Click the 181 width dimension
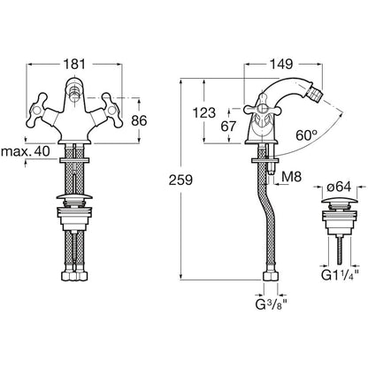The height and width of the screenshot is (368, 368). coord(74,64)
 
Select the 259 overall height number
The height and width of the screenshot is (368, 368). coord(180,180)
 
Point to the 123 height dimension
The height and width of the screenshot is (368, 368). coord(204,112)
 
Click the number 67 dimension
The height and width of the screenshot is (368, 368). coord(228,126)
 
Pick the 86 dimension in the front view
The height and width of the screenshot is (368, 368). coord(139,120)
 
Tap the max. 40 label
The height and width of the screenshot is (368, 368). coord(26,151)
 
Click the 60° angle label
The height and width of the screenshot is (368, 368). coord(307,135)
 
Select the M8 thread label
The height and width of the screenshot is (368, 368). coord(292,177)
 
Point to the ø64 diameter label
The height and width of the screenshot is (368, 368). coord(339,187)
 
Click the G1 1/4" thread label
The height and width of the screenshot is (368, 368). coord(340,275)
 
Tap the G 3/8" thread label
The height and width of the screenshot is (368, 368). coord(272,304)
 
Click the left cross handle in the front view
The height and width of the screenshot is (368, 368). coord(37,111)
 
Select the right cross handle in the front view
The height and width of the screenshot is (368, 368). coord(112,111)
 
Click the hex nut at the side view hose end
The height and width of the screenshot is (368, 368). coord(271,277)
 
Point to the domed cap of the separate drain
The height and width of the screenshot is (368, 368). coord(339,201)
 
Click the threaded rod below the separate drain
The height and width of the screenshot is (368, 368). coord(340,247)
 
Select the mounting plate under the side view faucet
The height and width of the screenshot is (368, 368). coord(264,160)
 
